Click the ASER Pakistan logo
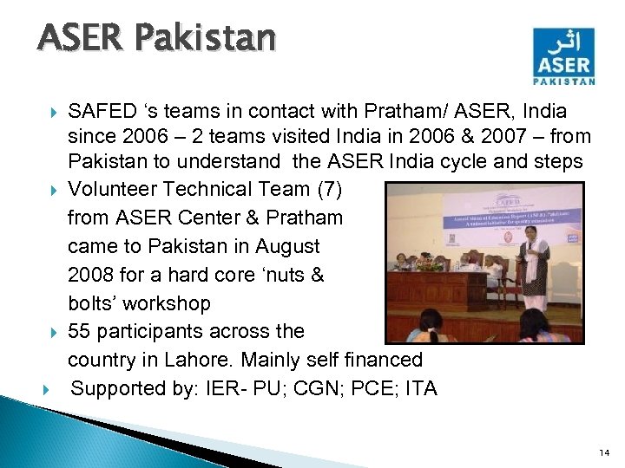point(564,56)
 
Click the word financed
point(388,360)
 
